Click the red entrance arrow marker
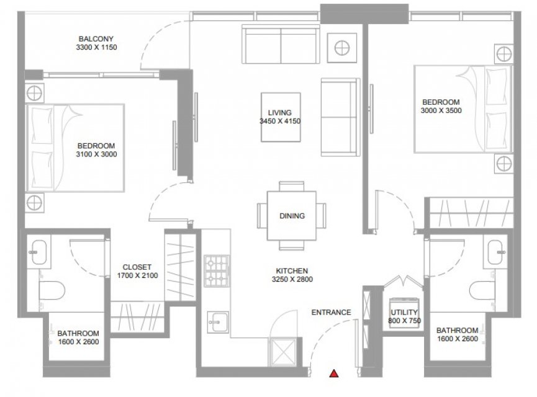334,373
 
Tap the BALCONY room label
96,39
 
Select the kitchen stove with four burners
217,270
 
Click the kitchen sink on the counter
218,322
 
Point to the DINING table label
292,216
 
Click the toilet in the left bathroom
52,290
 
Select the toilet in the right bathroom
482,290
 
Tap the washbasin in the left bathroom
38,252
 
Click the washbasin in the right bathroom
496,252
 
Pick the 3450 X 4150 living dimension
280,121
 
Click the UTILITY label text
404,312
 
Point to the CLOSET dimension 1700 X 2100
137,275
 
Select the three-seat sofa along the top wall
281,44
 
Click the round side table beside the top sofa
342,48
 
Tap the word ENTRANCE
331,313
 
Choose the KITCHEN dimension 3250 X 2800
292,279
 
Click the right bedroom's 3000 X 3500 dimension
441,110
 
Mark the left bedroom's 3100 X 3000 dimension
96,154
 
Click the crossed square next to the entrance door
283,351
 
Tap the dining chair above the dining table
291,187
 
